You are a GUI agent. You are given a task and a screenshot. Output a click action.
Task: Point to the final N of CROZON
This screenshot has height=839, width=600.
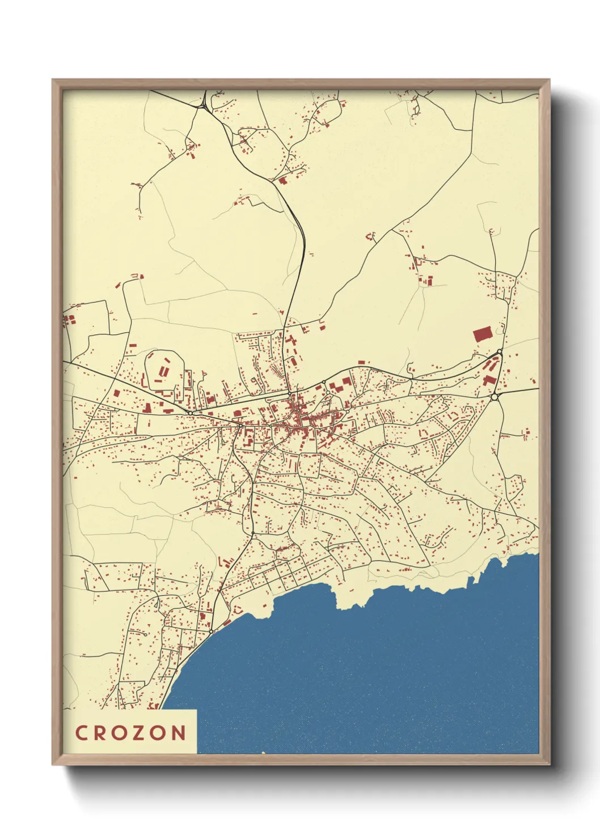pyautogui.click(x=179, y=732)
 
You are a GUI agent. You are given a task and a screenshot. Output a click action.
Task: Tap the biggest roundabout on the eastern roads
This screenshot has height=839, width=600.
pyautogui.click(x=495, y=397)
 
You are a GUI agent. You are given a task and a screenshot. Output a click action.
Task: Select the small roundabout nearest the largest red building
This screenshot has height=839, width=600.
pyautogui.click(x=499, y=353)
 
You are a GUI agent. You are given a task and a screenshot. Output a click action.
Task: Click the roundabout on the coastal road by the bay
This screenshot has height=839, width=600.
pyautogui.click(x=211, y=631)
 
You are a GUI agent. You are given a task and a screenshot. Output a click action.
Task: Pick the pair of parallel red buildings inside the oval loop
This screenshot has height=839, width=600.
pyautogui.click(x=163, y=371)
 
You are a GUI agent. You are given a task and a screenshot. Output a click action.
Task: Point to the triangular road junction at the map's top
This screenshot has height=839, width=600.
pyautogui.click(x=203, y=104)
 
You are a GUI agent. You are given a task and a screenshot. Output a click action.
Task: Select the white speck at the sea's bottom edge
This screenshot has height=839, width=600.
pyautogui.click(x=263, y=753)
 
